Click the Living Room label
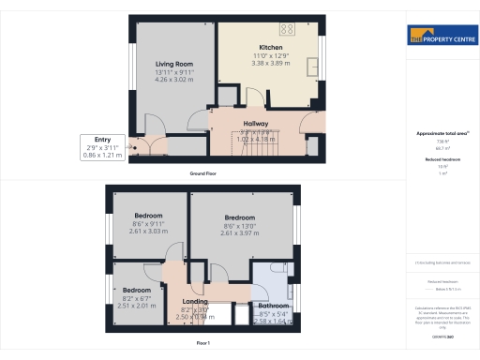tap(173, 64)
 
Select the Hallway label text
tap(256, 124)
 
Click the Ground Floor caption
tap(204, 174)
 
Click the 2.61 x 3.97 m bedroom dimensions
tap(240, 232)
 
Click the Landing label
tap(194, 301)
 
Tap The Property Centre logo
tap(442, 38)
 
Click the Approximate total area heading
tap(442, 134)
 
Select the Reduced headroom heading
tap(442, 160)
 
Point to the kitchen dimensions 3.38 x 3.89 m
tap(271, 65)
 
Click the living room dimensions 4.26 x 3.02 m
tap(173, 79)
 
